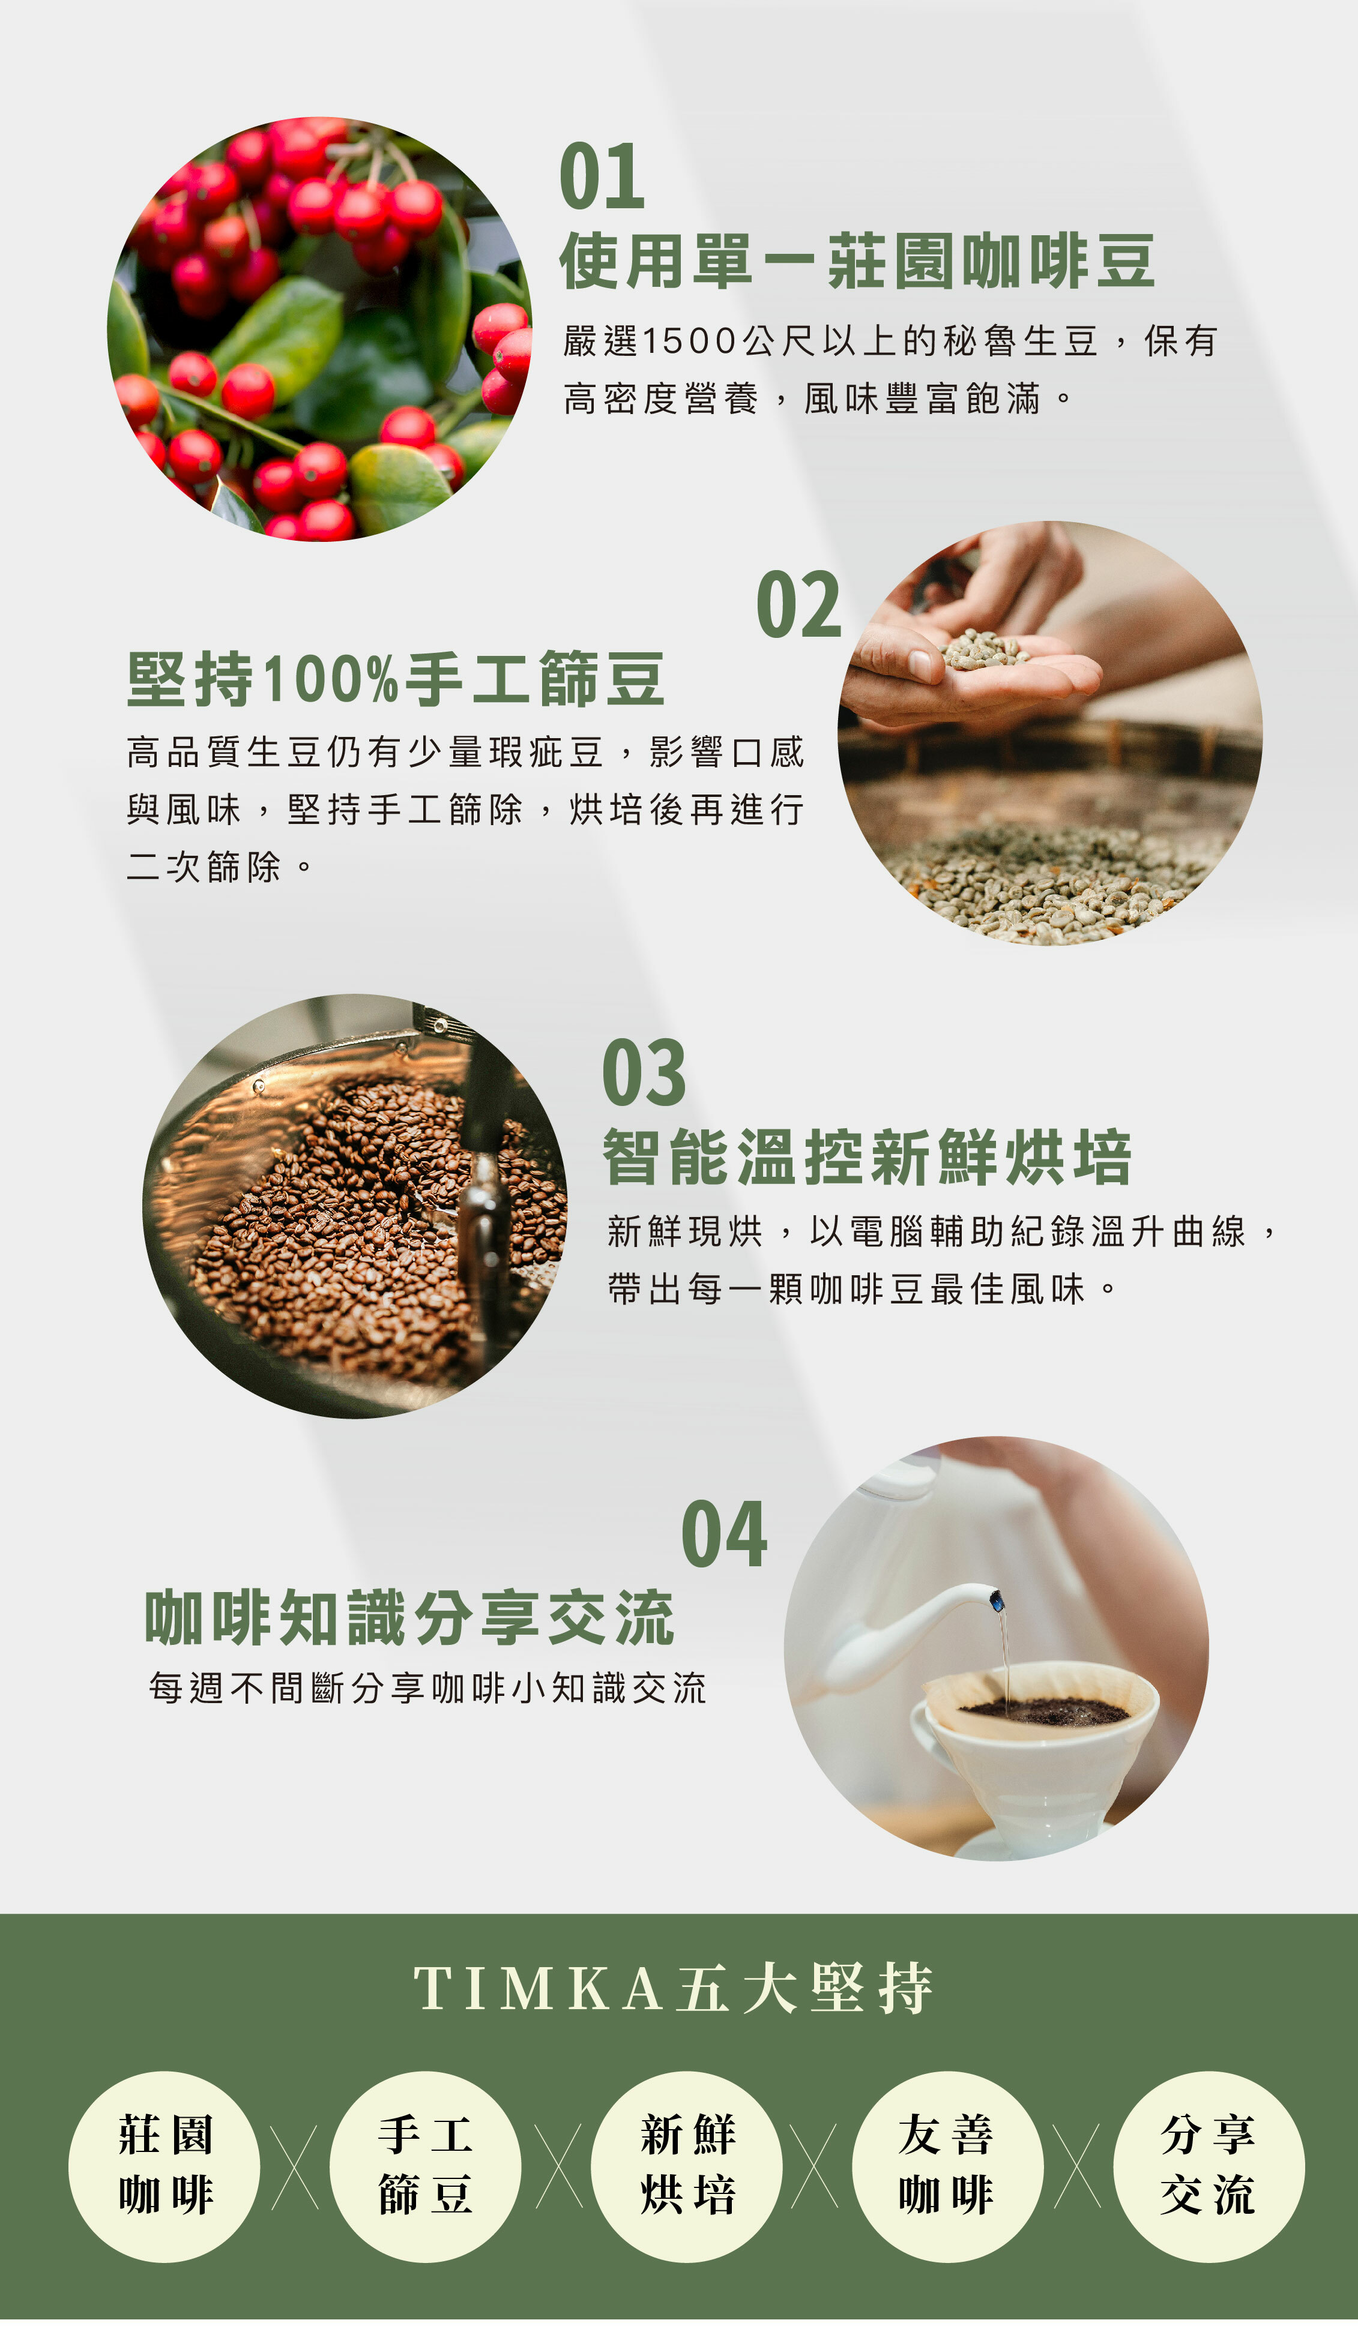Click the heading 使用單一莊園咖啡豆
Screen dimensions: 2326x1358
click(x=857, y=261)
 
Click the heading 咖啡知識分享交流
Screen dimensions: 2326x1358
click(x=410, y=1618)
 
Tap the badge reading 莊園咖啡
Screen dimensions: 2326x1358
click(x=164, y=2166)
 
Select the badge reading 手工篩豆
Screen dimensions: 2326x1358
click(x=426, y=2166)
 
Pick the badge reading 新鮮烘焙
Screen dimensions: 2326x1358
click(x=687, y=2166)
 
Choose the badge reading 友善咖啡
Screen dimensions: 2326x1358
click(x=947, y=2166)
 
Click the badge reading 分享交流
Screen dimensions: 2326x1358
click(x=1209, y=2166)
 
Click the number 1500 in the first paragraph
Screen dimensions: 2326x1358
click(x=689, y=341)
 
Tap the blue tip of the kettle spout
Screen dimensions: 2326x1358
click(x=996, y=1600)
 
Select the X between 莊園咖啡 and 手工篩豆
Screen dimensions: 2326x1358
click(x=295, y=2166)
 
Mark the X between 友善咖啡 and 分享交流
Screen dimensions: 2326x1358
click(x=1078, y=2166)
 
